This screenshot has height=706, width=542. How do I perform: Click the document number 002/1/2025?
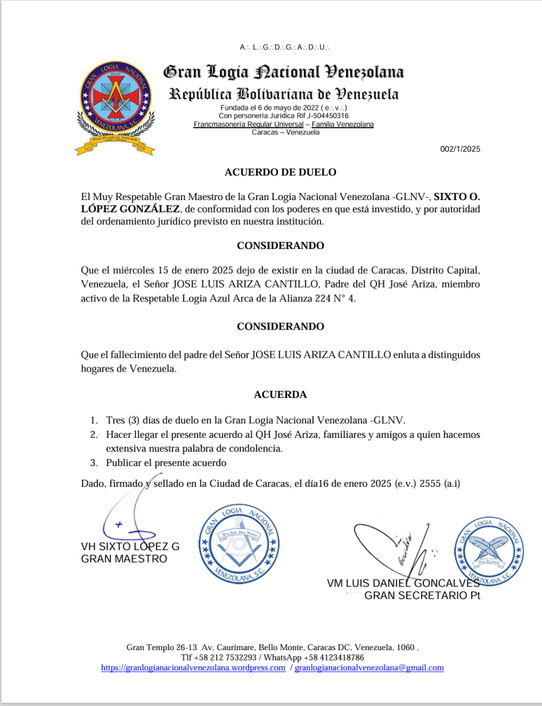coord(460,149)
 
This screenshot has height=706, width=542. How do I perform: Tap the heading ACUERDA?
coord(280,394)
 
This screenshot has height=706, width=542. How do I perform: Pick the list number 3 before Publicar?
coord(94,462)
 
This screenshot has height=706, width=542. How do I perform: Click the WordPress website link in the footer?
coord(193,667)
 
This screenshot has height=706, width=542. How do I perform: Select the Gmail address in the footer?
coord(369,667)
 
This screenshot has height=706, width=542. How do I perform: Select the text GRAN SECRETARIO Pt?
coord(422,596)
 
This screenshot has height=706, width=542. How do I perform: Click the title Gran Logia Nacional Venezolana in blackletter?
coord(283,72)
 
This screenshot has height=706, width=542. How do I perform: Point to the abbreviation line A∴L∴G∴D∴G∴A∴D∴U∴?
coord(285,48)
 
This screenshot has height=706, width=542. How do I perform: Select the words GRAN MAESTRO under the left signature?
coord(124,558)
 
